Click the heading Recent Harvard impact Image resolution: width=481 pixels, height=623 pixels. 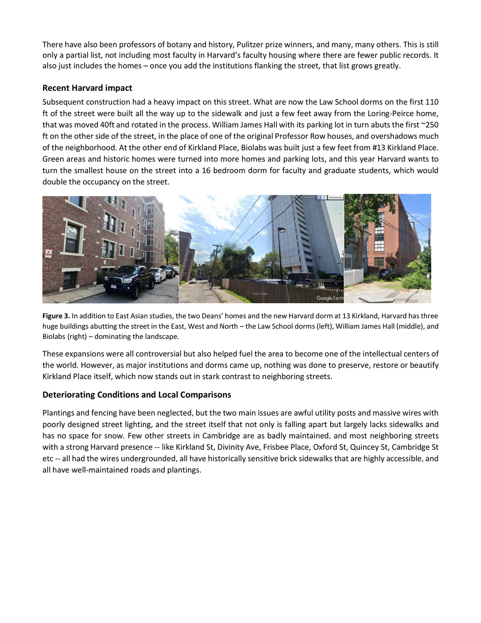coord(87,88)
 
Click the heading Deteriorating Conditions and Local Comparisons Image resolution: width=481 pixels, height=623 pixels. coord(137,395)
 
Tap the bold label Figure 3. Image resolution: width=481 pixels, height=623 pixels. coord(56,316)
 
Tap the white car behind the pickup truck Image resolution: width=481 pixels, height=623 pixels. coord(157,275)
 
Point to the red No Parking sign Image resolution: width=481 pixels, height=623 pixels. coord(49,253)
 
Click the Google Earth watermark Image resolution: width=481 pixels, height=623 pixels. coord(330,298)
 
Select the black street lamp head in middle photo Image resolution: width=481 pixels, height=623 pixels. coord(282,230)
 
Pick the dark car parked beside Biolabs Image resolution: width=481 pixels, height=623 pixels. coord(387,273)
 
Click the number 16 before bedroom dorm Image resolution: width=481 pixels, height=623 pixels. coord(206,171)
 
